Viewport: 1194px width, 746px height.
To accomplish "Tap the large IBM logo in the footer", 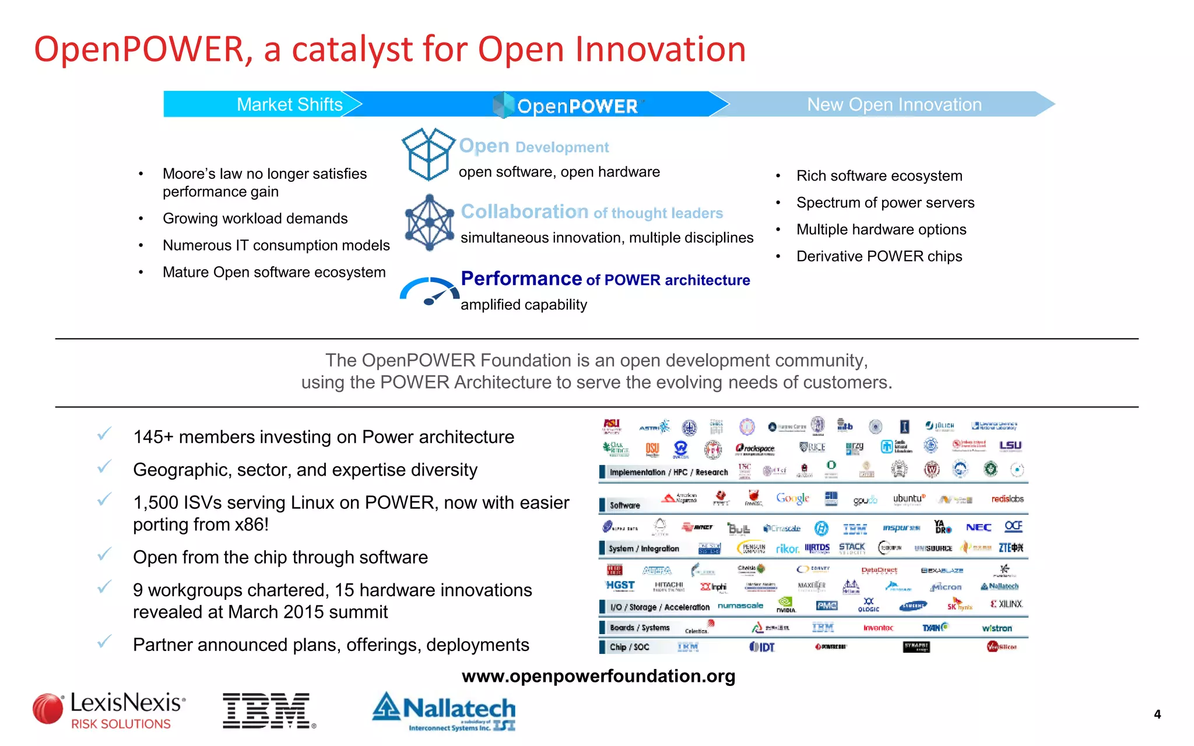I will coord(269,710).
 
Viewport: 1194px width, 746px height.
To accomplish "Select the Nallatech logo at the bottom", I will coord(444,710).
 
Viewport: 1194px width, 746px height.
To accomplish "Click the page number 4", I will coord(1157,715).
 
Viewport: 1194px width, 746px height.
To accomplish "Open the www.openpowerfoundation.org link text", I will coord(598,676).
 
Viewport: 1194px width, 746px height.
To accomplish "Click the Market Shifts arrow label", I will coord(289,104).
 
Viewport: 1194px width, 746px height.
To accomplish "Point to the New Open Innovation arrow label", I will coord(894,104).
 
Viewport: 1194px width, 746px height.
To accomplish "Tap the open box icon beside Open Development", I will coord(427,154).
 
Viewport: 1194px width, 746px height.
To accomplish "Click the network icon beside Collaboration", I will coord(429,223).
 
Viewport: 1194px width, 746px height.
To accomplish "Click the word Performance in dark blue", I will coord(521,279).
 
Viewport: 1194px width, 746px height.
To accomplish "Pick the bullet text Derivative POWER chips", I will coord(879,256).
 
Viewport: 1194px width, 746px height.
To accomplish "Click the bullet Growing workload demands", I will coord(255,219).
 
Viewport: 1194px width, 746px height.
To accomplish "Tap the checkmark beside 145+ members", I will coord(104,434).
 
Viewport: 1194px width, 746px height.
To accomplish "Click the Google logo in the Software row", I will coord(792,498).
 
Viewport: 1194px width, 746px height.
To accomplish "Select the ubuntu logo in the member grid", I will coord(908,499).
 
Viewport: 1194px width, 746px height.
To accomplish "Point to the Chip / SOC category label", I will coord(629,647).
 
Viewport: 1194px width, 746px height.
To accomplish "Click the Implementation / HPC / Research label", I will coord(668,472).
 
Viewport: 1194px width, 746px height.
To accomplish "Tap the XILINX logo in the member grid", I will coord(1007,604).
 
